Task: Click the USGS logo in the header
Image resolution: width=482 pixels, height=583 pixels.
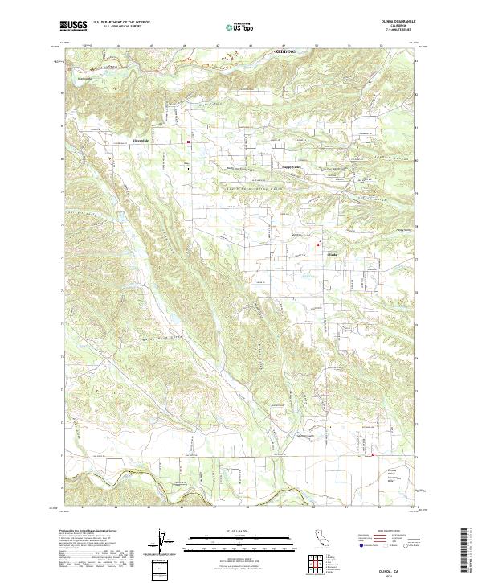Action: pos(73,27)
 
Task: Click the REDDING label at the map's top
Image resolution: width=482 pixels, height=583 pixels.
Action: pos(284,51)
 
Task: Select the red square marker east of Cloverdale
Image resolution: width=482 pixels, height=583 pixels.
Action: pos(189,143)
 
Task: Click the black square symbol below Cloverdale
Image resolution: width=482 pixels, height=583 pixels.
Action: pos(189,170)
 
